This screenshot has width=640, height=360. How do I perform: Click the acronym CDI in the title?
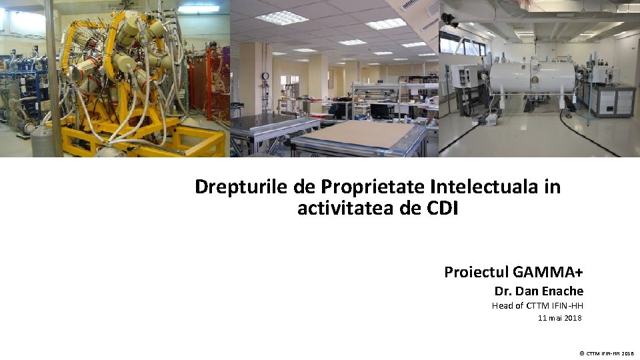(x=443, y=209)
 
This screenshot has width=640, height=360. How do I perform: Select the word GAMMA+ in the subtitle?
(x=549, y=272)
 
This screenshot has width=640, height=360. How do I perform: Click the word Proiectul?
(x=477, y=272)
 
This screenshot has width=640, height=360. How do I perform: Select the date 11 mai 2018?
(x=559, y=318)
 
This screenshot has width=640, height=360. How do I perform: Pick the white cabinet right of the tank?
(x=613, y=99)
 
